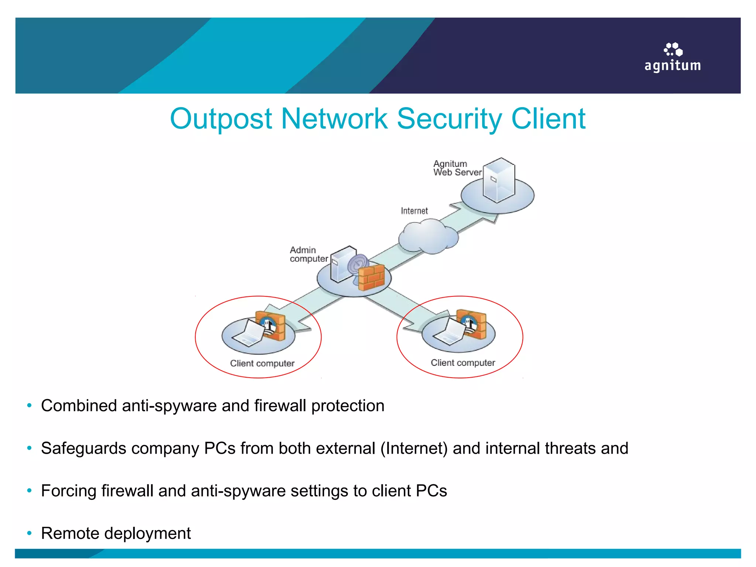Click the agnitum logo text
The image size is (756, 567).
[x=672, y=66]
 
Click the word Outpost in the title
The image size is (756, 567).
[x=221, y=119]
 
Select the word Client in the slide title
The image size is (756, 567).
[x=548, y=119]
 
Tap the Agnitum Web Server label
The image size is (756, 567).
[x=457, y=168]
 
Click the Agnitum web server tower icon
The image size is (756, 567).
[x=499, y=180]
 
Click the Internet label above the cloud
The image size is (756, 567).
[x=414, y=211]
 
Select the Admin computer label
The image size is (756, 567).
[x=308, y=254]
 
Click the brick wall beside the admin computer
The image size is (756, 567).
[x=372, y=277]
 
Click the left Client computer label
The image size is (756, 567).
[x=262, y=363]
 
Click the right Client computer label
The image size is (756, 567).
[x=463, y=362]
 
